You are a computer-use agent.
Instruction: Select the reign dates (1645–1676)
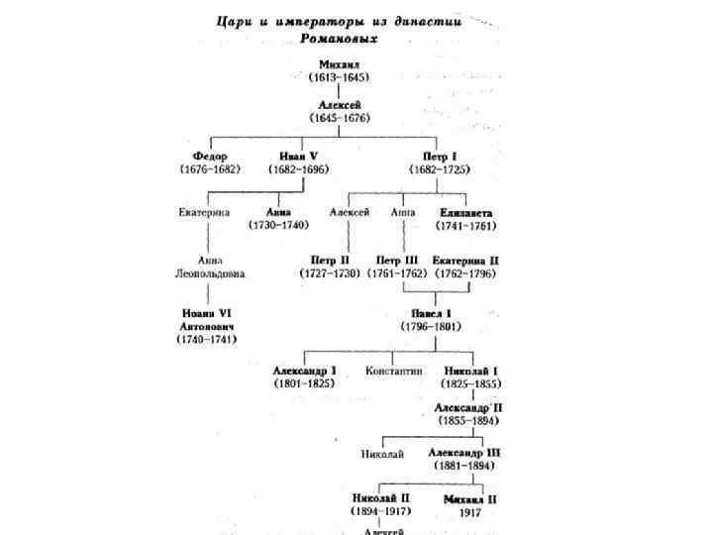pyautogui.click(x=339, y=117)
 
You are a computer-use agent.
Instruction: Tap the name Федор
pyautogui.click(x=209, y=157)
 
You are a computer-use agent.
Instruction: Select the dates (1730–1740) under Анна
pyautogui.click(x=278, y=225)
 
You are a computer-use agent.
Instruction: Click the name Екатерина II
pyautogui.click(x=465, y=260)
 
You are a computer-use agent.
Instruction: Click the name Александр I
pyautogui.click(x=305, y=371)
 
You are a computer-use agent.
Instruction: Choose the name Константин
pyautogui.click(x=394, y=371)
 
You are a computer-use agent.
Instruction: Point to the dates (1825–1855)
pyautogui.click(x=471, y=383)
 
